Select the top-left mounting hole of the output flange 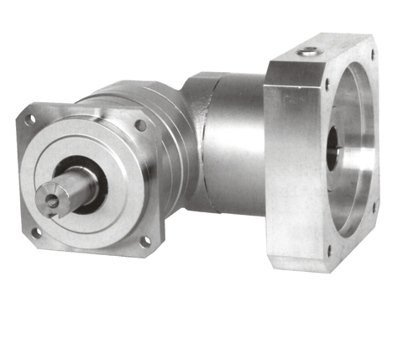31,119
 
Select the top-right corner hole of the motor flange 372,58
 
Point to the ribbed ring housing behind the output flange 168,126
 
